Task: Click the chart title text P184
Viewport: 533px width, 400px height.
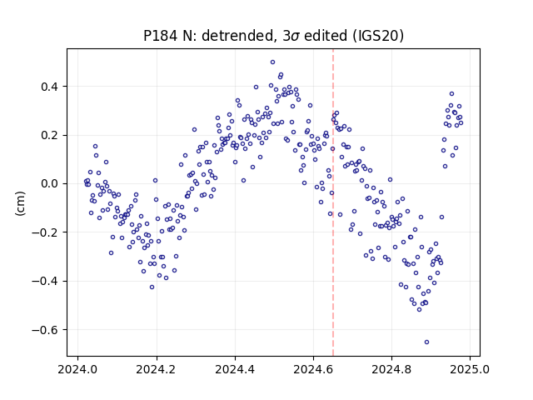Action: click(x=160, y=36)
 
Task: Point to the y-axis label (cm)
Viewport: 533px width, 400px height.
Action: click(x=20, y=203)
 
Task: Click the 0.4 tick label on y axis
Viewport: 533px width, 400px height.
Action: click(x=49, y=87)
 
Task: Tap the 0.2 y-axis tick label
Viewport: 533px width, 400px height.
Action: click(x=49, y=135)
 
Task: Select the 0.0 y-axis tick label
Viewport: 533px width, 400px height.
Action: click(x=49, y=184)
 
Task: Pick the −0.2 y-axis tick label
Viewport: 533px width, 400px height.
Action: click(x=45, y=232)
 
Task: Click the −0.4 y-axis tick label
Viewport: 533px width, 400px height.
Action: click(x=45, y=282)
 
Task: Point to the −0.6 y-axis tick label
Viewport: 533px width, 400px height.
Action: click(x=45, y=330)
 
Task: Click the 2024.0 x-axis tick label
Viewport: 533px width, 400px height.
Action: click(x=77, y=369)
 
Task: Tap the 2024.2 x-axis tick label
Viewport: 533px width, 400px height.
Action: click(x=157, y=369)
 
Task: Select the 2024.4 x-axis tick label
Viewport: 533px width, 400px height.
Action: click(x=235, y=369)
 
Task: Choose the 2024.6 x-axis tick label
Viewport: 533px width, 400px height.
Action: click(x=313, y=369)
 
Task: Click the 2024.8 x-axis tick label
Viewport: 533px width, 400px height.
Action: click(x=391, y=369)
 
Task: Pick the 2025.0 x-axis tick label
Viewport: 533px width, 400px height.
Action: click(x=470, y=369)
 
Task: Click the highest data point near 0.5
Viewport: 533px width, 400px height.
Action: click(x=272, y=62)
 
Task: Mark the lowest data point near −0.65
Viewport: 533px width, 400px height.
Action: click(x=426, y=342)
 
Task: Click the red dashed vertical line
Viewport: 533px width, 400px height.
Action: click(x=333, y=202)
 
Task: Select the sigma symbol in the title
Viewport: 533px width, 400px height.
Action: click(x=296, y=37)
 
